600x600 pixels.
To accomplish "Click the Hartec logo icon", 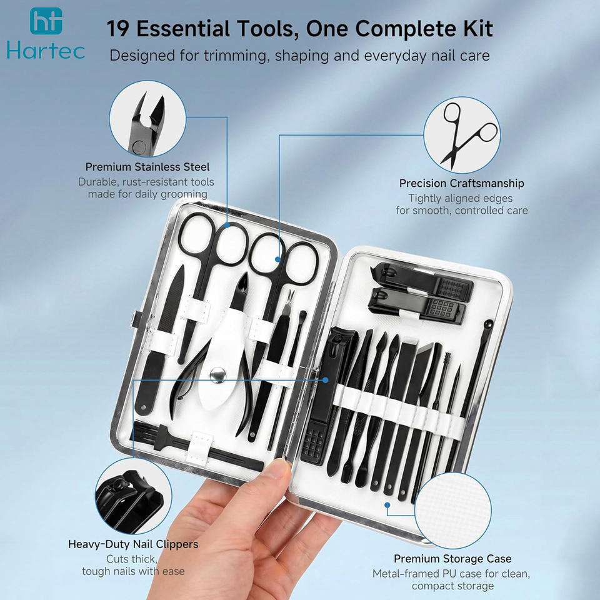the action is tap(46, 21).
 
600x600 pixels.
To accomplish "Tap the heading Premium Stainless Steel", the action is tap(147, 167).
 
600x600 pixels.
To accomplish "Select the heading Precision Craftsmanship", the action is tap(461, 183).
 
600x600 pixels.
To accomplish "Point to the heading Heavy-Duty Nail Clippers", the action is tap(133, 544).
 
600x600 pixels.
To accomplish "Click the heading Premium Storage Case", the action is tap(452, 559).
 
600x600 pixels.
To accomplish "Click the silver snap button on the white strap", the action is tap(217, 374).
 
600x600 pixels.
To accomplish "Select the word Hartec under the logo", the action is tap(46, 51).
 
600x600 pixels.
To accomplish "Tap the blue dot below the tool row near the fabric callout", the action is tap(387, 505).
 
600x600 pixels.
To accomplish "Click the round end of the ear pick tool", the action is tap(489, 322).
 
